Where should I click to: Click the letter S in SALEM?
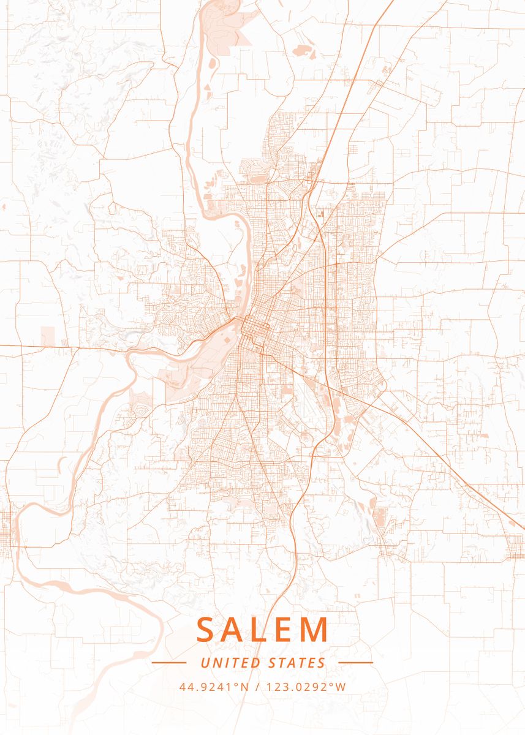pos(207,630)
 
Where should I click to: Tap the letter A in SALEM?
pos(236,630)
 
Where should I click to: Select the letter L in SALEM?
pos(262,630)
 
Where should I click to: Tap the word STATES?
pos(297,663)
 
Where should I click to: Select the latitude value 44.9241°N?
pos(214,687)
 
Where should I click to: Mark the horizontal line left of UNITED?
pos(168,663)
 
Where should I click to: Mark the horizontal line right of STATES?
pos(355,663)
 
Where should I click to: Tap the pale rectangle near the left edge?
pos(48,336)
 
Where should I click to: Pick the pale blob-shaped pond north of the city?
pos(302,50)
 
